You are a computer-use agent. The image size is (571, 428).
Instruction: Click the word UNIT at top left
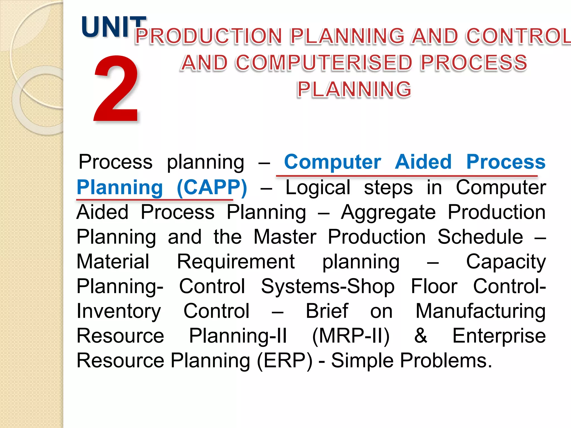click(x=113, y=27)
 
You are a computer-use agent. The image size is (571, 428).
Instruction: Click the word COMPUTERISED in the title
click(x=323, y=63)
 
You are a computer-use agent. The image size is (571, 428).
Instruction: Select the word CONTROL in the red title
click(x=519, y=36)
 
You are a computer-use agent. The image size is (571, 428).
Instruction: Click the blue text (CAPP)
click(x=212, y=187)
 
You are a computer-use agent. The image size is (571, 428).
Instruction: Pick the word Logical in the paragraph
click(x=318, y=187)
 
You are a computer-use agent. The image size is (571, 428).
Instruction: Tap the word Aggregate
click(x=388, y=212)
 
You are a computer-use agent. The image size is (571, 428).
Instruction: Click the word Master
click(x=285, y=237)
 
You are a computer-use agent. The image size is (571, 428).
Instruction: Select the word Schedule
click(x=480, y=237)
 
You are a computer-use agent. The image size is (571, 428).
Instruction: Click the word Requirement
click(x=236, y=262)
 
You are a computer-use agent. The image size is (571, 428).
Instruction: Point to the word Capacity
click(x=506, y=262)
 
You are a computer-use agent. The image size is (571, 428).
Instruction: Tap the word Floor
click(x=434, y=286)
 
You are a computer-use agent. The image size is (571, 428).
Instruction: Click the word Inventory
click(x=119, y=311)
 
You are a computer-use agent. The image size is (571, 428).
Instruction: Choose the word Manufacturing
click(x=480, y=311)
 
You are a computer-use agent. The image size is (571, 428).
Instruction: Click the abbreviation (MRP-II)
click(x=351, y=336)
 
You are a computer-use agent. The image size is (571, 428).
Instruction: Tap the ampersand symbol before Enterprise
click(x=420, y=336)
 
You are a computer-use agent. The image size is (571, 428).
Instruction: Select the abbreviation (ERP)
click(x=285, y=361)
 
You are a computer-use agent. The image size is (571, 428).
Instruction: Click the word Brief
click(x=327, y=311)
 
